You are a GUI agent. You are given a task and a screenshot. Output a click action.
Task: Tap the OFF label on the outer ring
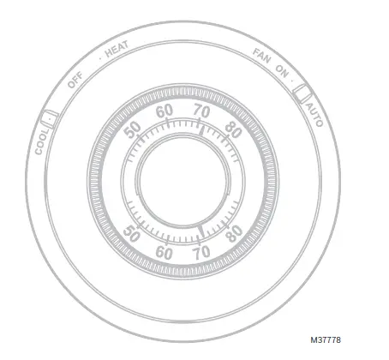[x=75, y=80]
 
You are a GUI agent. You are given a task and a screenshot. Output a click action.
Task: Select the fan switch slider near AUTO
[x=302, y=92]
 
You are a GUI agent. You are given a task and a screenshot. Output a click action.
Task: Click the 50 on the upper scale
[x=132, y=130]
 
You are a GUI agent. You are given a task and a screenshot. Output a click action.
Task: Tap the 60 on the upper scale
[x=165, y=111]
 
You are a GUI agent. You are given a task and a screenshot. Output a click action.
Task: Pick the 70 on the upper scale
[x=202, y=111]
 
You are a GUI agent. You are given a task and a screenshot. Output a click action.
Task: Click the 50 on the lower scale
[x=133, y=234]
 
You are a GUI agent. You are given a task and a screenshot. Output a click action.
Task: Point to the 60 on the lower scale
[x=165, y=253]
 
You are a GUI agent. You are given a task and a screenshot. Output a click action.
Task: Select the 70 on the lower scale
[x=202, y=253]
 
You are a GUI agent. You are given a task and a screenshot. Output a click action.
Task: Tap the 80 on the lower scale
[x=233, y=234]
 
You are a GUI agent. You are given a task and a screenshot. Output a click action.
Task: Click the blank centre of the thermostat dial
[x=182, y=182]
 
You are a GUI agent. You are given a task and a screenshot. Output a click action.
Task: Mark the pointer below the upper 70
[x=200, y=130]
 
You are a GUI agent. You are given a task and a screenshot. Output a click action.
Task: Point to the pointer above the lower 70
[x=200, y=231]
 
